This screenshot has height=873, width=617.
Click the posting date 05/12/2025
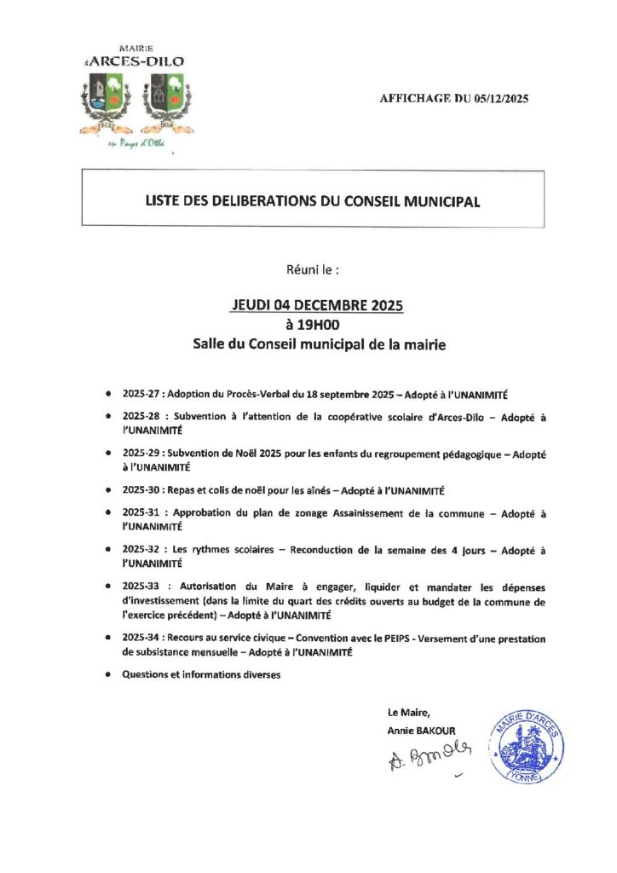click(499, 99)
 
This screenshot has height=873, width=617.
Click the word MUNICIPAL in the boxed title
click(437, 202)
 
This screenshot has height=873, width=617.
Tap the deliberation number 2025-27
click(142, 395)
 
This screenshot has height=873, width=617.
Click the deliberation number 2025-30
click(142, 491)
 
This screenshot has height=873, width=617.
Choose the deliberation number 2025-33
click(142, 588)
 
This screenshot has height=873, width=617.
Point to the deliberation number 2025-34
click(142, 638)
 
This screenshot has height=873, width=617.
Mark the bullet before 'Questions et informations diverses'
click(107, 675)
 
